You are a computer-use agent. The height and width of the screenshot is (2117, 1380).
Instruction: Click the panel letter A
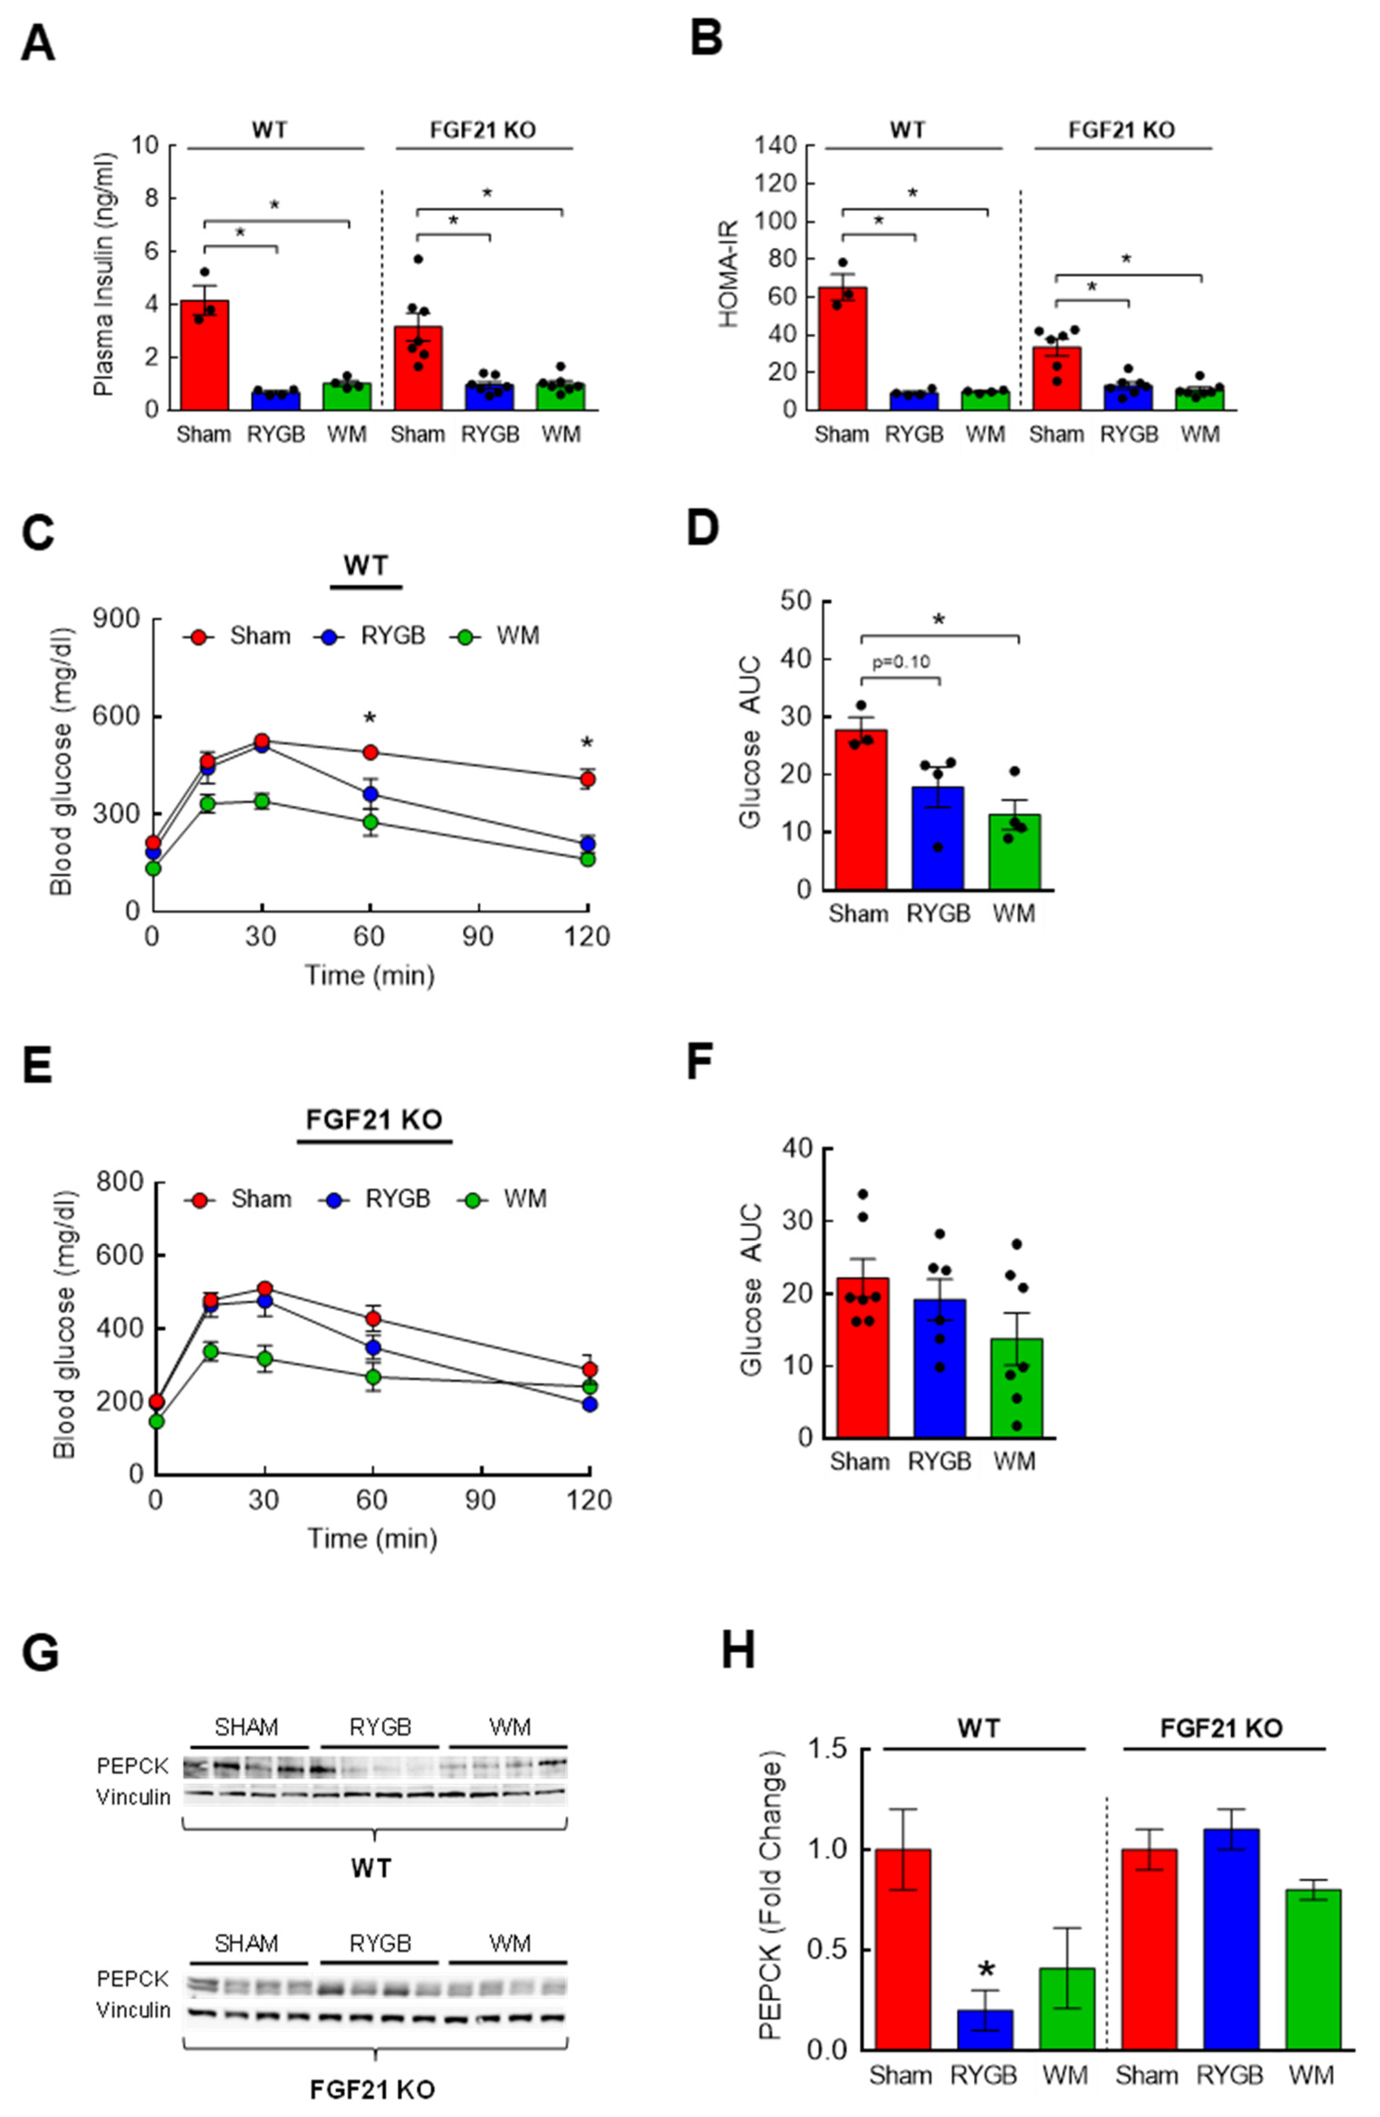37,43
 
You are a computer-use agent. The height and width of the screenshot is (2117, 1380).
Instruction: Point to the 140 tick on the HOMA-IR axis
776,146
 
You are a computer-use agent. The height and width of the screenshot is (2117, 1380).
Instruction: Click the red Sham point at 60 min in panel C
370,752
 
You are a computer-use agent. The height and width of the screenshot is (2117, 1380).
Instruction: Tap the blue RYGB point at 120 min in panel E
589,1403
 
